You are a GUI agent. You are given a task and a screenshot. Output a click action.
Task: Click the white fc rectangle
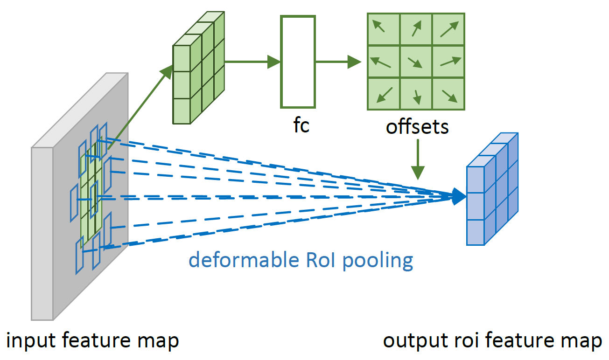pyautogui.click(x=298, y=62)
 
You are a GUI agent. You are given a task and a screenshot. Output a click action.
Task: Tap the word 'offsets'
pyautogui.click(x=417, y=126)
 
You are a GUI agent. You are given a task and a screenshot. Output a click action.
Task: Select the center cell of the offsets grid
pyautogui.click(x=416, y=62)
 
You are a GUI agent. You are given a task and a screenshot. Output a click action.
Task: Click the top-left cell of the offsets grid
pyautogui.click(x=383, y=29)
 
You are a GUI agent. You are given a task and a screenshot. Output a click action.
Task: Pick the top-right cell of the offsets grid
pyautogui.click(x=448, y=29)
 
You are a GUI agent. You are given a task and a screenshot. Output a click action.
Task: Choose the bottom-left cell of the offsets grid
pyautogui.click(x=383, y=94)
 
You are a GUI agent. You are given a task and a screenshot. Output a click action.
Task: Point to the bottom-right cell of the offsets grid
pyautogui.click(x=448, y=94)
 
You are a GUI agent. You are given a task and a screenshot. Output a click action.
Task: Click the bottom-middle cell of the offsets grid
pyautogui.click(x=416, y=94)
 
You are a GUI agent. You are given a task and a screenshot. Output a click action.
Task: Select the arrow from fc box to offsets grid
pyautogui.click(x=338, y=62)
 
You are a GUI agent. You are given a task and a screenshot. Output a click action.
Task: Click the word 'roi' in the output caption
pyautogui.click(x=461, y=341)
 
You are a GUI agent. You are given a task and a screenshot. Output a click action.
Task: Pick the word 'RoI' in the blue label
pyautogui.click(x=322, y=260)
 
